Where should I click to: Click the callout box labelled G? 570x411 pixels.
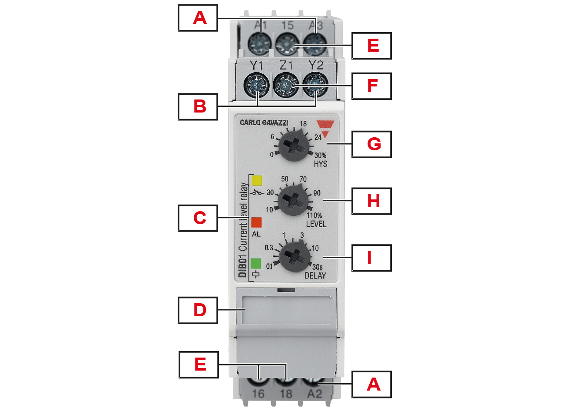point(371,144)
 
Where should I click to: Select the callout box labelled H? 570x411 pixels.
point(371,201)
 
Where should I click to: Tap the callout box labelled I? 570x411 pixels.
point(371,258)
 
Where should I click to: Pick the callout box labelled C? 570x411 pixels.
point(198,218)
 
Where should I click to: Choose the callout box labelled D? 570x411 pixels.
point(198,310)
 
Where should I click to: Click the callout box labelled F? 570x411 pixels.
point(371,86)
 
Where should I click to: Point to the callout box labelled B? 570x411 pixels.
point(198,106)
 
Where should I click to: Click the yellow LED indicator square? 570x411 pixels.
point(257,180)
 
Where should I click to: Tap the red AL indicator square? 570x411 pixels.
point(256,222)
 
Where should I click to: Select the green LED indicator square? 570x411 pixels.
point(256,263)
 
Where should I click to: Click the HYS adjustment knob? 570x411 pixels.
point(294,145)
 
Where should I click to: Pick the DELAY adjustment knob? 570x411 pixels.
point(294,257)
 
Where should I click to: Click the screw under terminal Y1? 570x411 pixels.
point(256,85)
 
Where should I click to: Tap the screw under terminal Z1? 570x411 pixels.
point(286,85)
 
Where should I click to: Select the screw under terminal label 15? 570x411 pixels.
point(287,45)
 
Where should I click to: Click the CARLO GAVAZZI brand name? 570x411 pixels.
point(264,123)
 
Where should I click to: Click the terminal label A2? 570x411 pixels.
point(315,394)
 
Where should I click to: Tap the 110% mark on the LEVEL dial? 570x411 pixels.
point(314,215)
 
